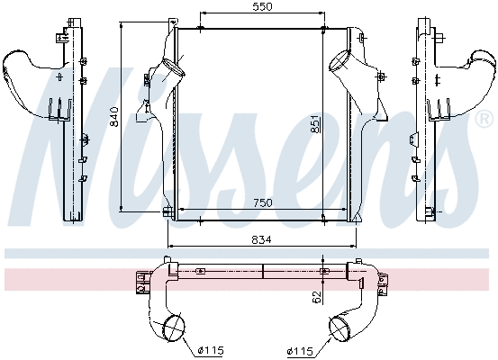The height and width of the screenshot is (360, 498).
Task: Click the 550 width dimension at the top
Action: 261,7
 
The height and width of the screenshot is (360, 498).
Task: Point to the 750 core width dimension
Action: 261,203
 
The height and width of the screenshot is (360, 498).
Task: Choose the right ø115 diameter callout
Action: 300,349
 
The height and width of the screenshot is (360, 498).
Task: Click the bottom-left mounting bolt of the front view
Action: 168,211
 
